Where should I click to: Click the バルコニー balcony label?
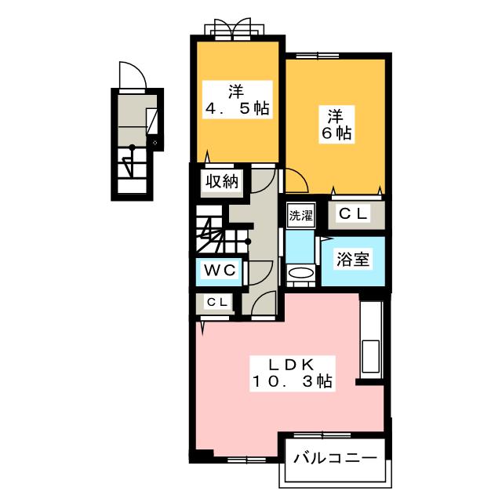tap(335, 458)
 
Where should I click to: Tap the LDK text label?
tap(292, 365)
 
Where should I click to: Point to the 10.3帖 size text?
tap(292, 382)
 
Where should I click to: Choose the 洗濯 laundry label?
tap(299, 216)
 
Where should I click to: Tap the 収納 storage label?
tap(221, 182)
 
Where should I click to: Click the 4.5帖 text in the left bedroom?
tap(237, 109)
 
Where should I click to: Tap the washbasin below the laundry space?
tap(300, 273)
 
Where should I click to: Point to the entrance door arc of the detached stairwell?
tap(130, 76)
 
